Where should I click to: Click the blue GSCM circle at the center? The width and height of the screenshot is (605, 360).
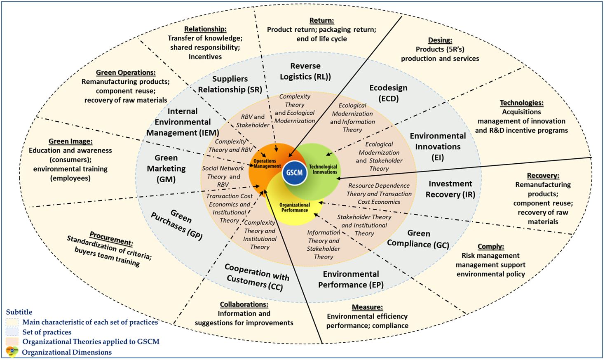pyautogui.click(x=294, y=172)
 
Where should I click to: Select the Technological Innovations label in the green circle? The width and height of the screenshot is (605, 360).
pyautogui.click(x=323, y=169)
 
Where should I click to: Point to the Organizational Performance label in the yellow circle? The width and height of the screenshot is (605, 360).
pyautogui.click(x=294, y=207)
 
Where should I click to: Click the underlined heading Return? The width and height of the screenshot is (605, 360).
pyautogui.click(x=321, y=20)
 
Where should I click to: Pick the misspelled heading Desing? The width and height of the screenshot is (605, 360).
pyautogui.click(x=440, y=40)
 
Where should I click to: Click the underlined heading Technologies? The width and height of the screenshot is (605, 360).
pyautogui.click(x=521, y=103)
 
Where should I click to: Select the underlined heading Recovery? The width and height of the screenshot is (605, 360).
pyautogui.click(x=543, y=175)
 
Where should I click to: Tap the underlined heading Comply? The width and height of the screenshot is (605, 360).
pyautogui.click(x=490, y=246)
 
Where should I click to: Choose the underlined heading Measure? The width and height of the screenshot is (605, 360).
pyautogui.click(x=367, y=307)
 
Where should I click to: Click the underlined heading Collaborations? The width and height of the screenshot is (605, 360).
pyautogui.click(x=244, y=304)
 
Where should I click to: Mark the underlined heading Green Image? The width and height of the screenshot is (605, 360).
pyautogui.click(x=70, y=141)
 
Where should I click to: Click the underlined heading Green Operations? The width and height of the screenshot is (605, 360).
pyautogui.click(x=126, y=72)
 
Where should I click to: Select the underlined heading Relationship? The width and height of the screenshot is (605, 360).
pyautogui.click(x=205, y=29)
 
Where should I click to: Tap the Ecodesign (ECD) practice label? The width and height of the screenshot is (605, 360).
pyautogui.click(x=388, y=93)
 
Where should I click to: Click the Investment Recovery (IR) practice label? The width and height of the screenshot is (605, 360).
pyautogui.click(x=450, y=189)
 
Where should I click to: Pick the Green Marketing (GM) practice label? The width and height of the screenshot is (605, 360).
pyautogui.click(x=166, y=168)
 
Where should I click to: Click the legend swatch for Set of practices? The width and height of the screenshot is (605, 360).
pyautogui.click(x=12, y=332)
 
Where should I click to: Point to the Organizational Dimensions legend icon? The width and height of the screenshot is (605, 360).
pyautogui.click(x=12, y=352)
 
